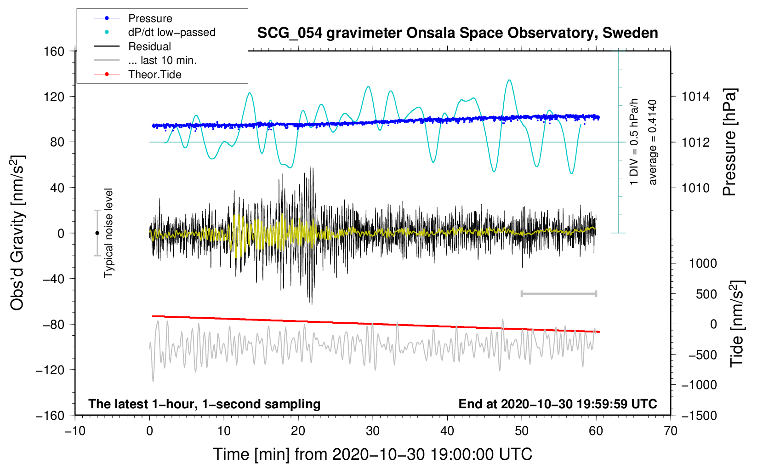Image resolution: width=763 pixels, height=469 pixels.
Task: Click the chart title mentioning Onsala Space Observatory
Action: (457, 33)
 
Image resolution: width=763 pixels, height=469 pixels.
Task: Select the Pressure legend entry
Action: (150, 18)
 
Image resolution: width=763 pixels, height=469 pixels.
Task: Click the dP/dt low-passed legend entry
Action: (171, 32)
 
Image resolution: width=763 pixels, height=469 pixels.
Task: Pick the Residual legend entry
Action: (149, 46)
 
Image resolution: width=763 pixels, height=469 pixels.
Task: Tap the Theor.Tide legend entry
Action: (154, 74)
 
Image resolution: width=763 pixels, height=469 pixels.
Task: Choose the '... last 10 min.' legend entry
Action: (162, 60)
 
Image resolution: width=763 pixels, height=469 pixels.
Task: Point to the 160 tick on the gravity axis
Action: (54, 51)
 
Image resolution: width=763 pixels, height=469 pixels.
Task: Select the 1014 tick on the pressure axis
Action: (695, 97)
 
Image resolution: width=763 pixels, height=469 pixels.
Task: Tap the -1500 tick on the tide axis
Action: (699, 415)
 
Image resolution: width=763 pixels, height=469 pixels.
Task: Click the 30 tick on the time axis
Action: (373, 431)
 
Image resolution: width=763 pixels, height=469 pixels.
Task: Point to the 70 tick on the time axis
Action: (671, 431)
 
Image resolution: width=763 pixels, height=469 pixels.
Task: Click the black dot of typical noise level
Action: (97, 233)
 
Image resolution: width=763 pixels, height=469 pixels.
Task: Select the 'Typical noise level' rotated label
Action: (108, 233)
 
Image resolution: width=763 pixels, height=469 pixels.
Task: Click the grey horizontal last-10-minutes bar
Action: (558, 293)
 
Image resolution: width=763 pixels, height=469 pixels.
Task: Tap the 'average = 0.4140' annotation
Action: (653, 143)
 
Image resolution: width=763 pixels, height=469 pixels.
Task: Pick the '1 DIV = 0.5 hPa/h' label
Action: (634, 142)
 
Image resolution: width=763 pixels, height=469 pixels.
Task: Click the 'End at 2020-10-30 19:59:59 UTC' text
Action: (558, 404)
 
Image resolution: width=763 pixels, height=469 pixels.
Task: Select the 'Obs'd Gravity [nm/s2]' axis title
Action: (17, 233)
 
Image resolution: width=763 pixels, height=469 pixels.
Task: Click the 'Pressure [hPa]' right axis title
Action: (729, 143)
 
